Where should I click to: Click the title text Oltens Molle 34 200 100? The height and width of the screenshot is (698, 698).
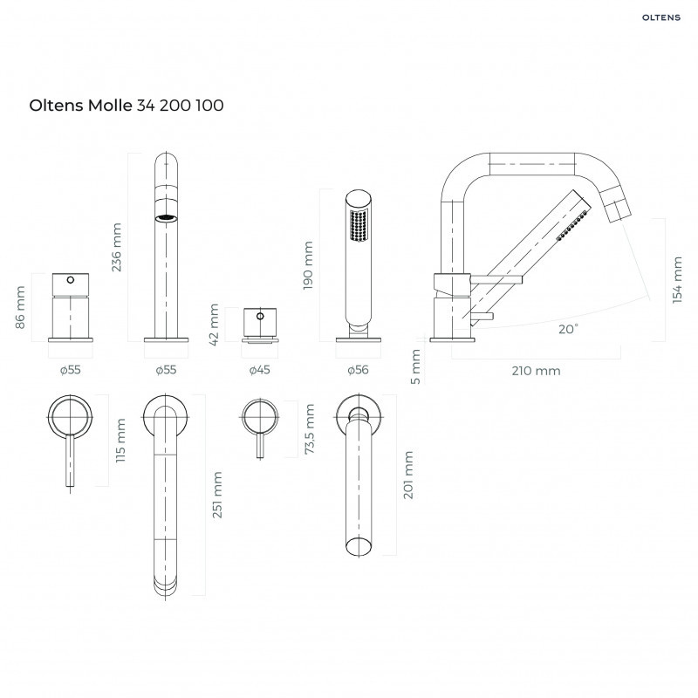[x=127, y=106]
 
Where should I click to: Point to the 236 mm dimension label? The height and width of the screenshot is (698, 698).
[x=118, y=247]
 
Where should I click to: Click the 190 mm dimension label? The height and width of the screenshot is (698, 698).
[x=308, y=266]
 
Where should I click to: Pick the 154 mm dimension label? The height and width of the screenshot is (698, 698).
[x=678, y=278]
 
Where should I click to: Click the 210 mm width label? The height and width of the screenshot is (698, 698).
[x=536, y=371]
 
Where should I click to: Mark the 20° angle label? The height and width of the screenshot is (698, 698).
[x=568, y=329]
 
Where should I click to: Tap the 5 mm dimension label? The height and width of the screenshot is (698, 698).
[x=415, y=366]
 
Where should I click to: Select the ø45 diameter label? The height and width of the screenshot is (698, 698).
[x=260, y=370]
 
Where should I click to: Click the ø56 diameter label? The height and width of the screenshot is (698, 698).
[x=358, y=370]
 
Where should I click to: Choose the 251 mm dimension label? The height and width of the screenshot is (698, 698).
[x=216, y=495]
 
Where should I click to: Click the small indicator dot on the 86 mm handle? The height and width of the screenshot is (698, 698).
[x=68, y=281]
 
